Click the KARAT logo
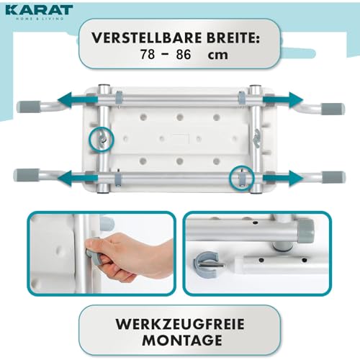click(39, 12)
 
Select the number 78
click(148, 54)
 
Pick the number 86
click(184, 54)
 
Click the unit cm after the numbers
click(217, 55)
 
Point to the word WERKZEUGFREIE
click(180, 324)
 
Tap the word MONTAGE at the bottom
click(182, 341)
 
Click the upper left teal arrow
click(78, 99)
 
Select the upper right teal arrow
click(283, 99)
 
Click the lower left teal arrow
click(78, 178)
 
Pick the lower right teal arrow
click(283, 178)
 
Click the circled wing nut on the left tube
click(102, 139)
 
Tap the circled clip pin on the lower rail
click(242, 178)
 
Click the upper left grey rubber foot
click(29, 107)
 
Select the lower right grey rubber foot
click(333, 177)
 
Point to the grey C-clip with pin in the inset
click(206, 264)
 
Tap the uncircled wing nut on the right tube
click(258, 135)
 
